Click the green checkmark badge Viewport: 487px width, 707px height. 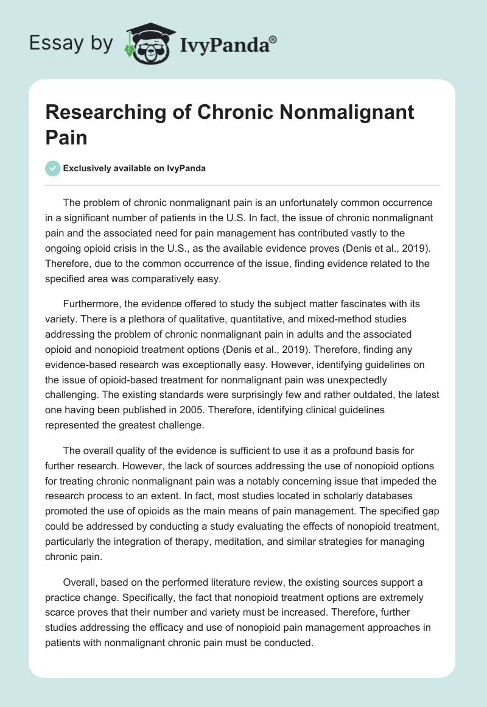pyautogui.click(x=54, y=168)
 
